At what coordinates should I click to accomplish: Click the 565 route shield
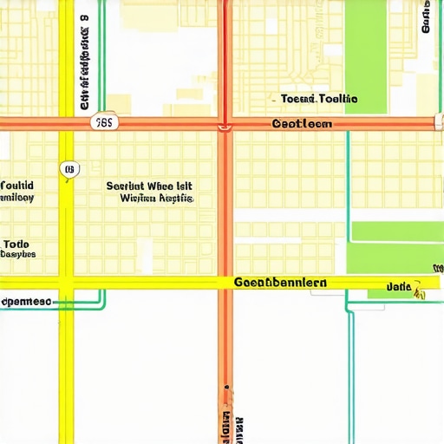pyautogui.click(x=103, y=123)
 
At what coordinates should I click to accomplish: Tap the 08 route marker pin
pyautogui.click(x=69, y=169)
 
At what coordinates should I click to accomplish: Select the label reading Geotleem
pyautogui.click(x=302, y=124)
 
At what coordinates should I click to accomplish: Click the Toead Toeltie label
pyautogui.click(x=319, y=100)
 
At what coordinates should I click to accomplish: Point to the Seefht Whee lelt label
pyautogui.click(x=149, y=186)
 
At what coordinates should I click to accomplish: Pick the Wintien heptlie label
pyautogui.click(x=157, y=199)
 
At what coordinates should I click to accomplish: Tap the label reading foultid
pyautogui.click(x=17, y=186)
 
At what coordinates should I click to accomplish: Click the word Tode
pyautogui.click(x=16, y=244)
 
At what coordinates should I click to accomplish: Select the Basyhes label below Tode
pyautogui.click(x=17, y=255)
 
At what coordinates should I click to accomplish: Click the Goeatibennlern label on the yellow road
pyautogui.click(x=281, y=283)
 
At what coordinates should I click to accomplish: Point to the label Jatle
pyautogui.click(x=398, y=285)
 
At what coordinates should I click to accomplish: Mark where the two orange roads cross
pyautogui.click(x=225, y=124)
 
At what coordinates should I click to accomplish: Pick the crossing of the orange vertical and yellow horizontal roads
pyautogui.click(x=225, y=283)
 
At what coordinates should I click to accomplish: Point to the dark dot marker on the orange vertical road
pyautogui.click(x=226, y=387)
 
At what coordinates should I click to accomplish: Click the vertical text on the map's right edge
pyautogui.click(x=426, y=16)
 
